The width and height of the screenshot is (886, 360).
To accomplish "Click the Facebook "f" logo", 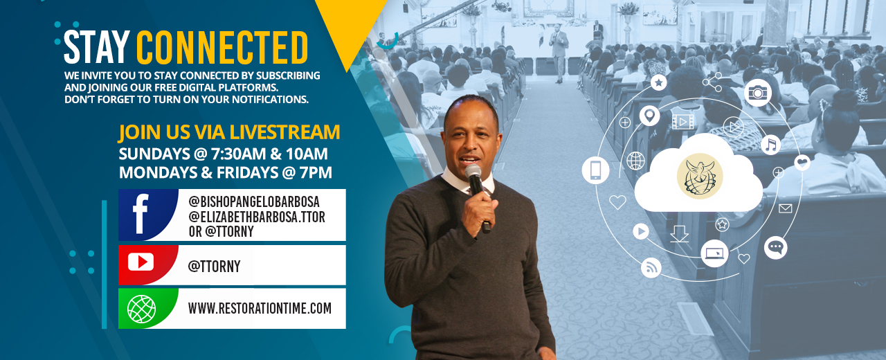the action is pos(141,214).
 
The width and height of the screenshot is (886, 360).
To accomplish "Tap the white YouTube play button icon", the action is pos(141,262).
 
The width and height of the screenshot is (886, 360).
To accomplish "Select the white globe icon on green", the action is pos(141,309).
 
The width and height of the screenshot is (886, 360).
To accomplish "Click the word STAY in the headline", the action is pos(97,47).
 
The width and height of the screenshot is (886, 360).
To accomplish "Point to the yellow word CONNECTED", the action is pos(222,47).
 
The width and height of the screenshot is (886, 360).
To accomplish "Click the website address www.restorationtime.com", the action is pos(260,309).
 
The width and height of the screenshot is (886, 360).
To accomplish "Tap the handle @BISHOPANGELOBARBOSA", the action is pos(254,202).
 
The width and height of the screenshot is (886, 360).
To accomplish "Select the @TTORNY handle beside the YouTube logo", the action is pos(215,267).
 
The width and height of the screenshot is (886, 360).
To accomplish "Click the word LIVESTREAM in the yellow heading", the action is pos(284,132).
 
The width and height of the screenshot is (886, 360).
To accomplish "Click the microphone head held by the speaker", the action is pos(473,172).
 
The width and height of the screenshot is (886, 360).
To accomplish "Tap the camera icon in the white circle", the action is pos(757,93).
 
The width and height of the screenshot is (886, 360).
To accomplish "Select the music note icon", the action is pos(770,145).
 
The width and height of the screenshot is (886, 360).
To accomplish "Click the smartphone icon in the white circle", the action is pos(595,170).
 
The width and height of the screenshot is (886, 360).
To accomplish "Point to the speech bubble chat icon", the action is pos(775,248).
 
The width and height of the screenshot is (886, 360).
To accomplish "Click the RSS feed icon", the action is pos(651,268).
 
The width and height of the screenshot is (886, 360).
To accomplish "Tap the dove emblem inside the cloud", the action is pos(699,177).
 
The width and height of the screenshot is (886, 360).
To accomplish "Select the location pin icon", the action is pos(649,116).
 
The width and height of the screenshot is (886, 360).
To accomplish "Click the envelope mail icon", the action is pos(785,208).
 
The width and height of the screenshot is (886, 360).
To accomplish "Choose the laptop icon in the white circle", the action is pos(714,253).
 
